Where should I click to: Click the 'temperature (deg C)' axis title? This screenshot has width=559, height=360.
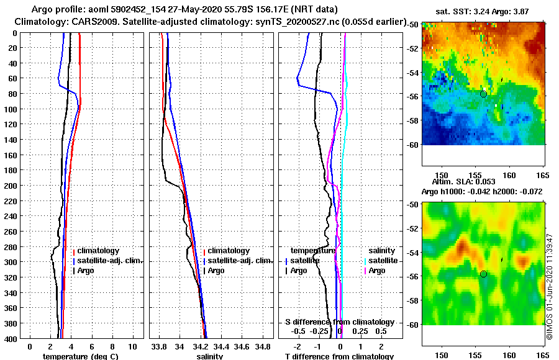point(81,356)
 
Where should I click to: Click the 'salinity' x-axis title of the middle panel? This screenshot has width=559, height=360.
point(209,356)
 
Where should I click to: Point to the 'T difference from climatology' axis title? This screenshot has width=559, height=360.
point(339,356)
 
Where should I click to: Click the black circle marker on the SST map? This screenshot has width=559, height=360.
point(483,94)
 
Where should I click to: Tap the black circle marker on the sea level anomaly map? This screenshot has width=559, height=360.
point(483,274)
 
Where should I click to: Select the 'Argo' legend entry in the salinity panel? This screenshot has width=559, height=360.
point(216,271)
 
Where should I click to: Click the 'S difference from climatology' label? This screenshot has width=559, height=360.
point(340,322)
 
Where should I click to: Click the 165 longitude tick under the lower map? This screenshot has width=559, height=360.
point(542,355)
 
